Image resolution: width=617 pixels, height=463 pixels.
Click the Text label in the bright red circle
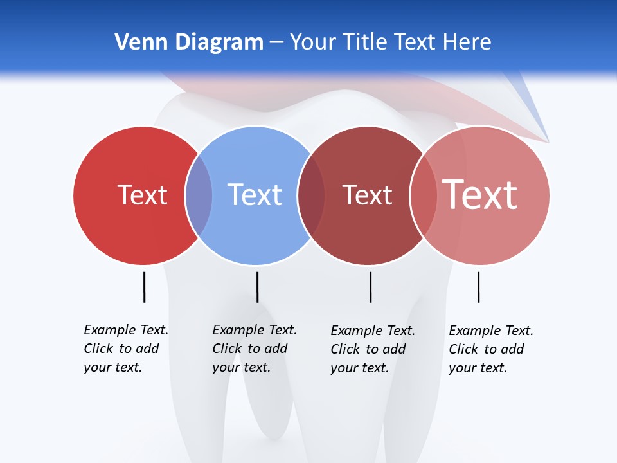(142, 195)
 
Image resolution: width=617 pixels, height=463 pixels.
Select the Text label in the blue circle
(255, 195)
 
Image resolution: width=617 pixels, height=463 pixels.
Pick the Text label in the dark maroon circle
(367, 195)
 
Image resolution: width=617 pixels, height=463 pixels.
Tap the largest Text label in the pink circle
(479, 195)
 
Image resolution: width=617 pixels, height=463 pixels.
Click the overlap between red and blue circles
(199, 195)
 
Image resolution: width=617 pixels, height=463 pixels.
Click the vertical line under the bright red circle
(144, 287)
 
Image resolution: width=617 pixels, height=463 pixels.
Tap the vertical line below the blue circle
(257, 287)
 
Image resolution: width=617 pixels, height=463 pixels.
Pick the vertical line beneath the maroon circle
(370, 287)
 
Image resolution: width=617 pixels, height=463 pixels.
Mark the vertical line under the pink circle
(478, 287)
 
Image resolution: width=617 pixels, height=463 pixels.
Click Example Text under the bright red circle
(126, 330)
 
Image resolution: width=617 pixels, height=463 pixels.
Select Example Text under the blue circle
(255, 330)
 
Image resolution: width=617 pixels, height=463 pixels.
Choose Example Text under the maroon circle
(373, 331)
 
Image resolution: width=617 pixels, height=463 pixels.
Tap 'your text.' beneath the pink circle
(478, 368)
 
